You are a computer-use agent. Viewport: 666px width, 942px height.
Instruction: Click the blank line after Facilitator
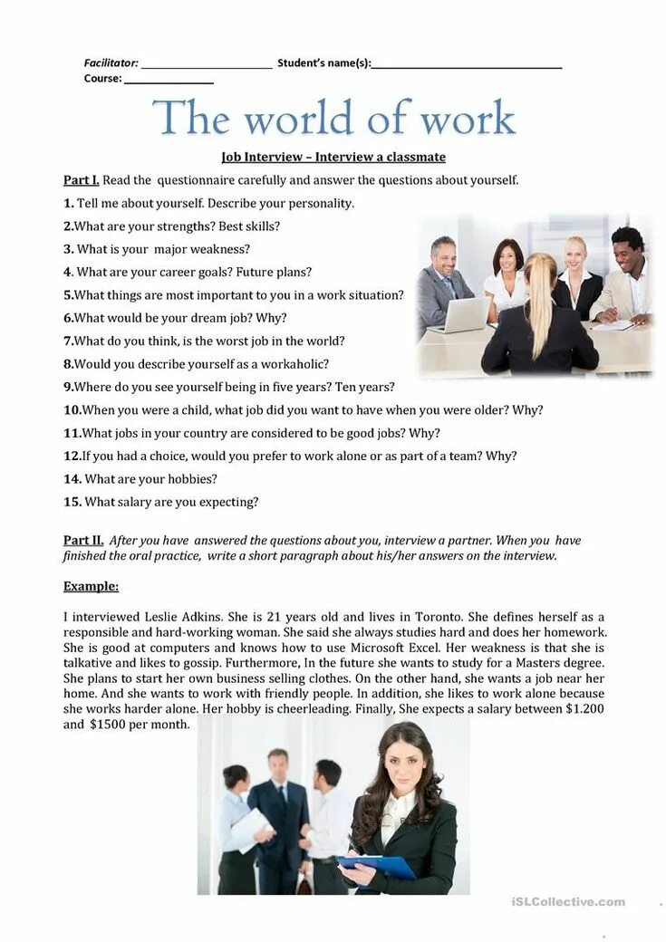[x=207, y=66]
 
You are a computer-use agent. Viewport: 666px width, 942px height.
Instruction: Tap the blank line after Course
[x=169, y=82]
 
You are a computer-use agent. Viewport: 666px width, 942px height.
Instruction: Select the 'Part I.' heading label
[x=81, y=180]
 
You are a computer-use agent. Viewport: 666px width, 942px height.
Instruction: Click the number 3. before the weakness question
[x=68, y=249]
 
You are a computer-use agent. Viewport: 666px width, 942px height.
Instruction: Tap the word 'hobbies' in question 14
[x=191, y=479]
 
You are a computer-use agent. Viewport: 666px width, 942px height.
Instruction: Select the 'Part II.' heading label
[x=83, y=541]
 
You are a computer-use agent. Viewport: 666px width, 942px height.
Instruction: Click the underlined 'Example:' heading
[x=91, y=586]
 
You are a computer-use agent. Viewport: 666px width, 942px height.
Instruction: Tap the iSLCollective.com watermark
[x=568, y=901]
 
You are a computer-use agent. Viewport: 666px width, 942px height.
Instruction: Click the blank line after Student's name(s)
[x=467, y=66]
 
